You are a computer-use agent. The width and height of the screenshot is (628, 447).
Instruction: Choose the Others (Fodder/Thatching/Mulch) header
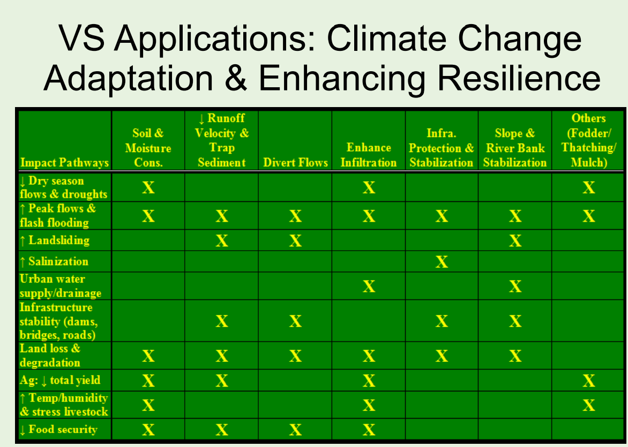coord(588,140)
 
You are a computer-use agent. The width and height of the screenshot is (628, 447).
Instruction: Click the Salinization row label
coord(54,261)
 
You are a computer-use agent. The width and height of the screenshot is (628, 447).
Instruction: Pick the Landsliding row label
coord(55,240)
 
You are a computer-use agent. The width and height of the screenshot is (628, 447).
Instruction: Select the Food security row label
coord(58,429)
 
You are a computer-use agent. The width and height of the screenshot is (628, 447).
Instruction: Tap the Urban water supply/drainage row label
coord(61,286)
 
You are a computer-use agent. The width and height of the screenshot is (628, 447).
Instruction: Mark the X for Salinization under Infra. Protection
coord(442,262)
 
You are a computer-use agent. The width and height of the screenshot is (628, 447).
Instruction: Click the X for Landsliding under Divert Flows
coord(295,240)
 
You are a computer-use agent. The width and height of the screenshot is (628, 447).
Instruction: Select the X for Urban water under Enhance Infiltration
coord(369,286)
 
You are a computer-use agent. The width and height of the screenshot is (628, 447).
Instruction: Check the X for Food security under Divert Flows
coord(295,429)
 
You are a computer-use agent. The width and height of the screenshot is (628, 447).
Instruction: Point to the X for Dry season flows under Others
coord(588,187)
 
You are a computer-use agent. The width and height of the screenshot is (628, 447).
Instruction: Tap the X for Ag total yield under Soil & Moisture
coord(148,380)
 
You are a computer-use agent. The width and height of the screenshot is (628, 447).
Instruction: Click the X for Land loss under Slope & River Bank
coord(515,355)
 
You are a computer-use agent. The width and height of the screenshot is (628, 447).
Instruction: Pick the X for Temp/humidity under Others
coord(588,405)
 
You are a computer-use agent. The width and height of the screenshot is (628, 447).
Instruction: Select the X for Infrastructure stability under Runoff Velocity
coord(221,321)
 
